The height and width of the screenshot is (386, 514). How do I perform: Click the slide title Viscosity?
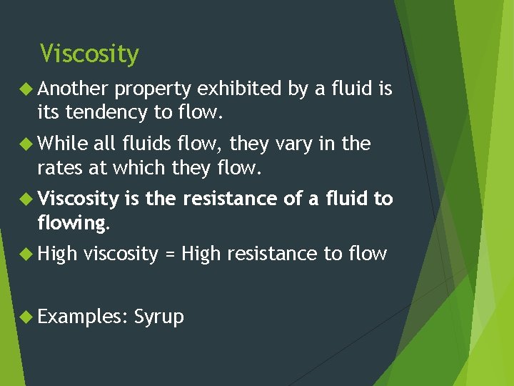pos(89,54)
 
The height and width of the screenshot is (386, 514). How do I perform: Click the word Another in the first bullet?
pos(72,89)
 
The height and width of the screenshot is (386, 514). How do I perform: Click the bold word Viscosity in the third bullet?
pos(78,199)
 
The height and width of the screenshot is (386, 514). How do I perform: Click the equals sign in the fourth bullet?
pos(169,254)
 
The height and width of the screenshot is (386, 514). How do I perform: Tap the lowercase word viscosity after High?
pos(121,254)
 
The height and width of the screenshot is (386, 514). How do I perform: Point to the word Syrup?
pos(158,317)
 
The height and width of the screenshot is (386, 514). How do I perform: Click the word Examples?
pos(79,317)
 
